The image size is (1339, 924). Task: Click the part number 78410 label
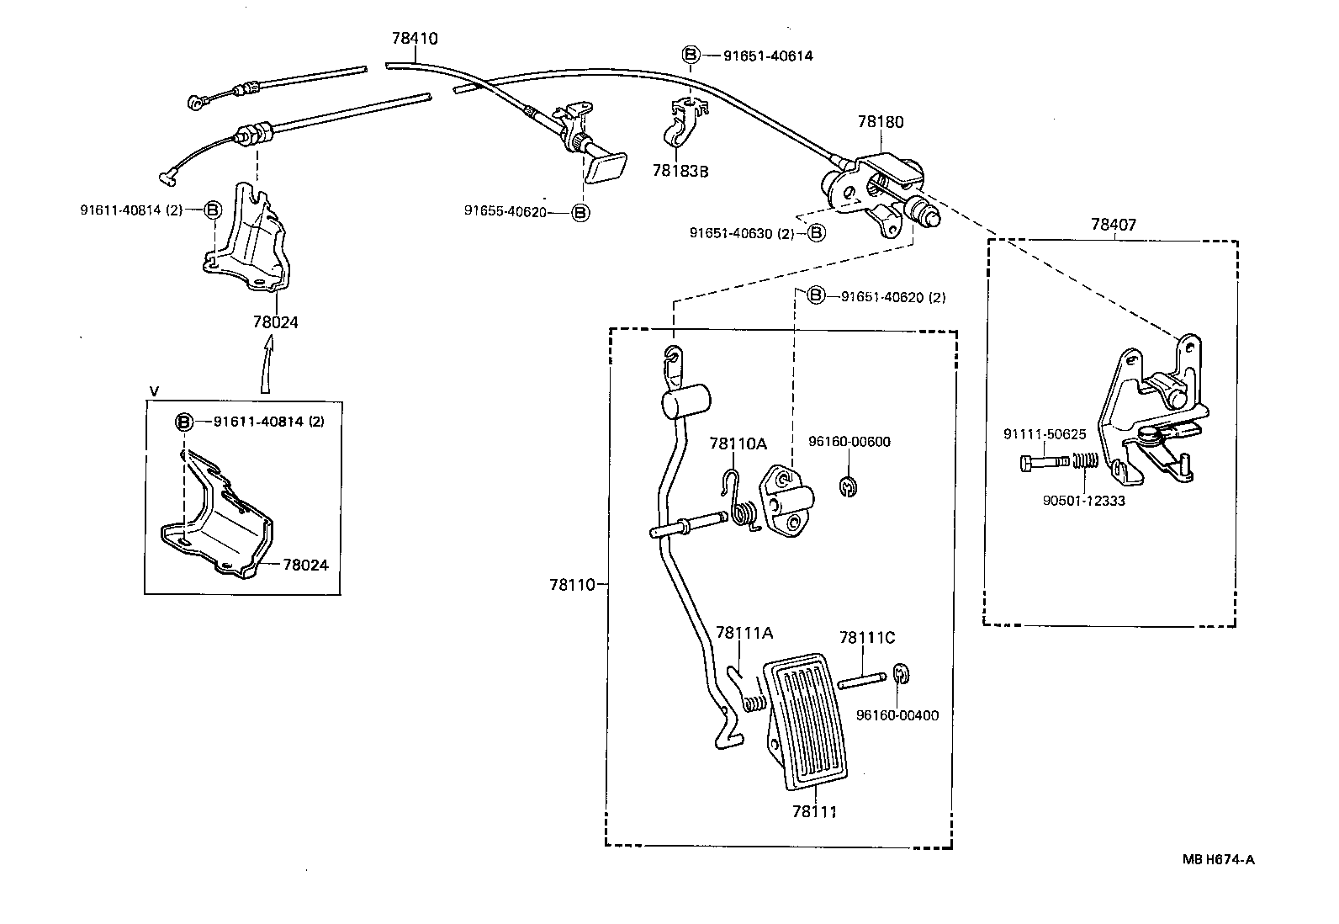tap(415, 39)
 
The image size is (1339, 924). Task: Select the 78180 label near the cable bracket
tap(881, 122)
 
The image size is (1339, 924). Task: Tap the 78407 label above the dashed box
tap(1114, 225)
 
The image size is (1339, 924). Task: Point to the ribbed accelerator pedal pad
tap(806, 721)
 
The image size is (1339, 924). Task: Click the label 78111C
tap(867, 638)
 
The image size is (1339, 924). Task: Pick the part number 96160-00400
tap(897, 715)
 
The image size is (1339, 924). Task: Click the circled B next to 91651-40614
tap(690, 56)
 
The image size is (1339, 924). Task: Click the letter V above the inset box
tap(153, 390)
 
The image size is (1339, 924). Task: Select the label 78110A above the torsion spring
tap(738, 443)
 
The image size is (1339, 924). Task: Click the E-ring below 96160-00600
tap(849, 486)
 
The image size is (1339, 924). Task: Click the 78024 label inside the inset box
tap(305, 566)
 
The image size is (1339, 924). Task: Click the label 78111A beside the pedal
tap(744, 634)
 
